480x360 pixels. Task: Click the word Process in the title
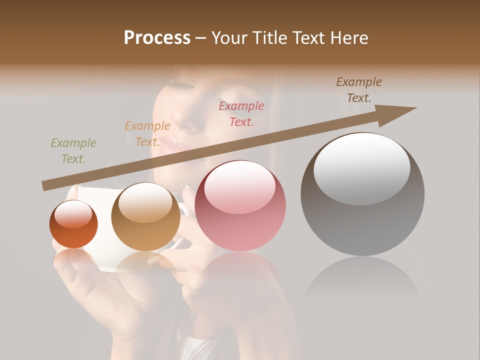click(157, 38)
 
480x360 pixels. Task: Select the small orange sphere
click(73, 224)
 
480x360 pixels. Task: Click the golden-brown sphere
click(145, 216)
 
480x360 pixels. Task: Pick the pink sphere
click(240, 205)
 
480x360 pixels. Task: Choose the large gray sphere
click(362, 194)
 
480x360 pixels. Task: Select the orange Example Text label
click(147, 134)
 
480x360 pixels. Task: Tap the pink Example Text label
click(241, 113)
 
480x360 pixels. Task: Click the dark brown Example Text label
click(359, 90)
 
